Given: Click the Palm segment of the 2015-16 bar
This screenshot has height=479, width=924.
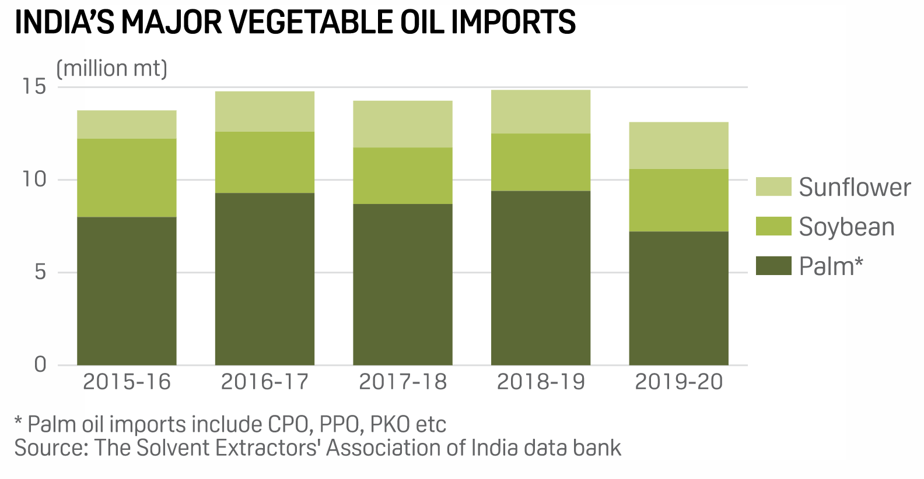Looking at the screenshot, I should tap(127, 291).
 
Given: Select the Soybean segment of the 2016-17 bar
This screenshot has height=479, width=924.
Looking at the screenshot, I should tap(264, 162).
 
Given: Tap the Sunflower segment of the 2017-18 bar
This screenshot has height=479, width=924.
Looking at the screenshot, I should tap(402, 124).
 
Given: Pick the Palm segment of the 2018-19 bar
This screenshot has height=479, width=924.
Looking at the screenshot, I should tap(540, 278).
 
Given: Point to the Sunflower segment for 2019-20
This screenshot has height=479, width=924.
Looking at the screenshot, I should tap(678, 146).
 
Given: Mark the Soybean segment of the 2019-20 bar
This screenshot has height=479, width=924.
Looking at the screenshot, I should tap(678, 200).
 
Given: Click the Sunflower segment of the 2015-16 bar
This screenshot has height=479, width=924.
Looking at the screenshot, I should tap(127, 124).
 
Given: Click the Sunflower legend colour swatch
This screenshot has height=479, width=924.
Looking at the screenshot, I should tap(773, 187).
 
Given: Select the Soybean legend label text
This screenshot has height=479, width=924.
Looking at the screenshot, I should tap(846, 227).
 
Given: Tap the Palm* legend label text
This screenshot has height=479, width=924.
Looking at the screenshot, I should tap(831, 266).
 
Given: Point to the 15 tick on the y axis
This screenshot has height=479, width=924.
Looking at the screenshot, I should tap(34, 87).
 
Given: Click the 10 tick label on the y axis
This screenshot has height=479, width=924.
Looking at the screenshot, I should tap(34, 179).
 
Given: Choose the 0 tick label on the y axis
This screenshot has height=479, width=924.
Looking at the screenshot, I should tap(40, 365).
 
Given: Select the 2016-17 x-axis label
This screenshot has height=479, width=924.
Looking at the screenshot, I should tap(264, 382).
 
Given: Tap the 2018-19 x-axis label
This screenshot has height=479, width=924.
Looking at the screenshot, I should tap(540, 382).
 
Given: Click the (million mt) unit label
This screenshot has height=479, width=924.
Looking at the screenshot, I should tap(111, 69).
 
